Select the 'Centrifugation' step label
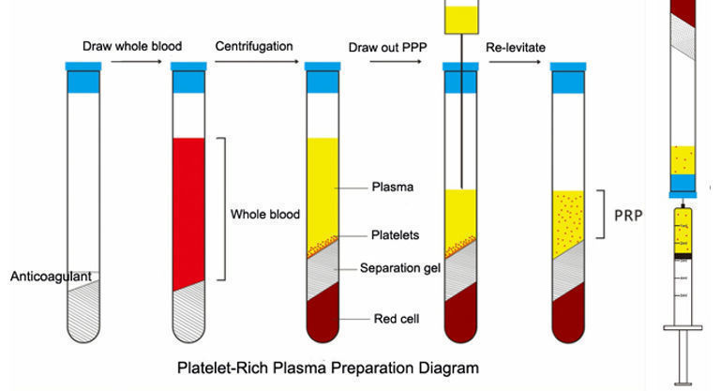click(x=253, y=46)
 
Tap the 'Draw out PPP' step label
click(x=387, y=46)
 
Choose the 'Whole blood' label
click(x=265, y=215)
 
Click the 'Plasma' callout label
click(x=393, y=188)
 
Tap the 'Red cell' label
click(x=395, y=319)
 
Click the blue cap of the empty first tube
click(x=82, y=68)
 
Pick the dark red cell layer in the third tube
click(x=323, y=314)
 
